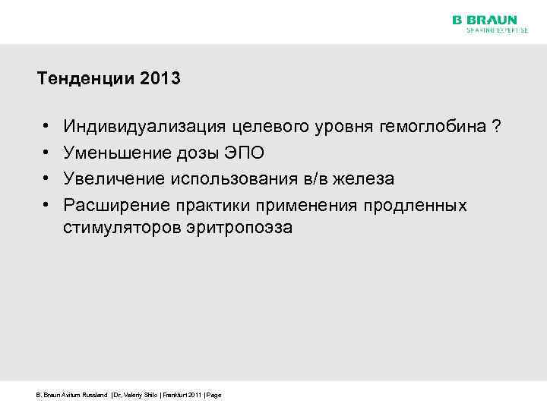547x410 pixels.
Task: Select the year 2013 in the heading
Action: tap(160, 78)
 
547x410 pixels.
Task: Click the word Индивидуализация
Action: tap(133, 127)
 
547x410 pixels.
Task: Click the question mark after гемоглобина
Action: tap(496, 127)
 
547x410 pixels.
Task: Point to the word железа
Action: tap(369, 178)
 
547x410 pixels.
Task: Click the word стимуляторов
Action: tap(122, 227)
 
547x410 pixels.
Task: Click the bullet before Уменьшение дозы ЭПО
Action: tap(47, 153)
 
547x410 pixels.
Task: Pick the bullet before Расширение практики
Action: tap(47, 205)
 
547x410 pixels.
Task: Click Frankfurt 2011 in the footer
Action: tap(183, 395)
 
